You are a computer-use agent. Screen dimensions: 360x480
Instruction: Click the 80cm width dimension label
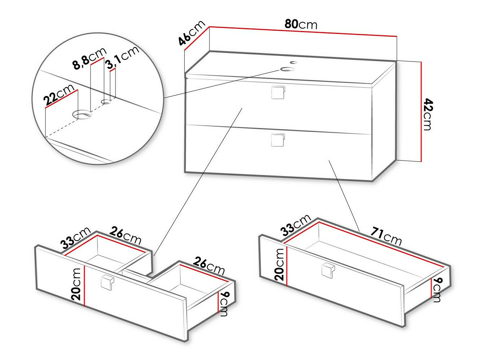tap(301, 24)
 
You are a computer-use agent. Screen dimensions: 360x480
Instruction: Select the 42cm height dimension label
tap(427, 114)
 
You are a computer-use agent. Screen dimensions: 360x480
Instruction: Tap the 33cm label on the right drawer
tap(296, 224)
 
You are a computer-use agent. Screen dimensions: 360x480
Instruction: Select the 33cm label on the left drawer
tap(75, 238)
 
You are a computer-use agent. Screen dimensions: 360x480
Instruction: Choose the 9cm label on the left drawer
tap(224, 304)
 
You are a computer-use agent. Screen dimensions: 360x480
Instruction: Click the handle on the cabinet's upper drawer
tap(278, 92)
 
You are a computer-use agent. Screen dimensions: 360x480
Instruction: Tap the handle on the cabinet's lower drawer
tap(278, 140)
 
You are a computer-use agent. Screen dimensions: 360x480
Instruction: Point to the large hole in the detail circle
tap(83, 115)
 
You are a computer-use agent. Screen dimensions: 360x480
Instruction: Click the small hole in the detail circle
tap(106, 102)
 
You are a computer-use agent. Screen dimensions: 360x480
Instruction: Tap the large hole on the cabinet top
tap(287, 69)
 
